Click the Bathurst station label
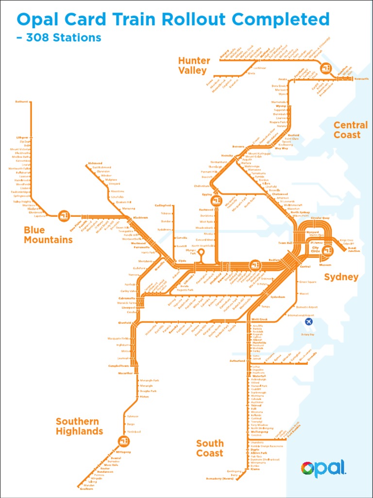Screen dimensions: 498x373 pyautogui.click(x=22, y=102)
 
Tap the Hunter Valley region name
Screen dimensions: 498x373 pyautogui.click(x=194, y=66)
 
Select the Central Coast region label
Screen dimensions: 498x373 pyautogui.click(x=350, y=130)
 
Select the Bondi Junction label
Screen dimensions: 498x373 pyautogui.click(x=354, y=249)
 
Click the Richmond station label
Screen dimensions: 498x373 pyautogui.click(x=95, y=163)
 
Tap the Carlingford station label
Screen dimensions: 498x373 pyautogui.click(x=163, y=205)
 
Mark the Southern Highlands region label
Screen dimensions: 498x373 pyautogui.click(x=79, y=426)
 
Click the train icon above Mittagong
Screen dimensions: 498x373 pyautogui.click(x=123, y=441)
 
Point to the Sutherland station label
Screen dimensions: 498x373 pyautogui.click(x=237, y=361)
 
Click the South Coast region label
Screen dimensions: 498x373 pyautogui.click(x=210, y=448)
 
